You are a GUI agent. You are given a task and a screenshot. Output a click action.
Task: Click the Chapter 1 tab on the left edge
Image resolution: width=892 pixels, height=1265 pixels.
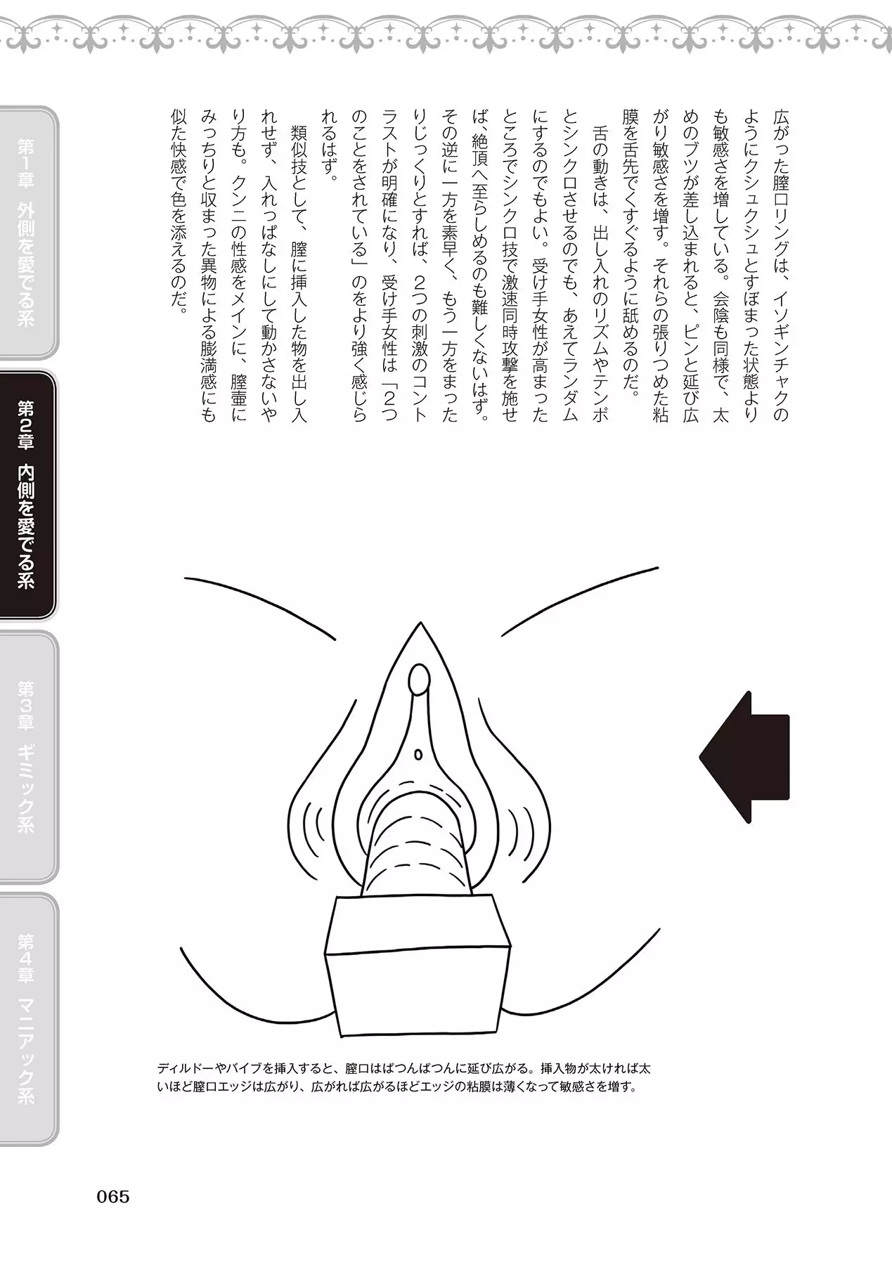(x=28, y=231)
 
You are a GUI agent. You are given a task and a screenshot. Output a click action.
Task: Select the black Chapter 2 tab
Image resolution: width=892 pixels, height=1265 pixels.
(x=28, y=495)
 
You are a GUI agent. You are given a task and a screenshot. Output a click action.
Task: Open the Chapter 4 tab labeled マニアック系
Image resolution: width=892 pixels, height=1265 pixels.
(x=28, y=1018)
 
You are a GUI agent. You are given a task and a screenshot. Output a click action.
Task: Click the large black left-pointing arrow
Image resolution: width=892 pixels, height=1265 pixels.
(x=744, y=758)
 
